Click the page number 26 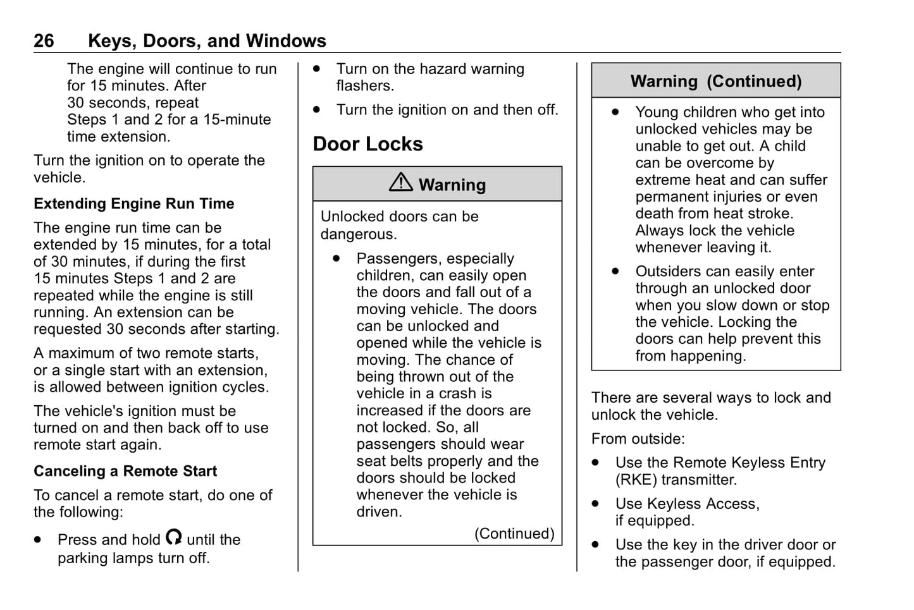(x=44, y=41)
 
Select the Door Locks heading (x=367, y=144)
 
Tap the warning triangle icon (x=401, y=183)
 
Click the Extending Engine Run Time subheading (x=133, y=204)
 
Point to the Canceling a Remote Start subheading (x=125, y=471)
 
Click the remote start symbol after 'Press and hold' (x=174, y=538)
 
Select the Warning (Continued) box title (x=715, y=82)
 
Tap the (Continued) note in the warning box (x=514, y=534)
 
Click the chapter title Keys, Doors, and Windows (x=207, y=41)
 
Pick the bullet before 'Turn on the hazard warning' (x=317, y=69)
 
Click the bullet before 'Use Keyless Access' (x=595, y=504)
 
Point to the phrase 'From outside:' (x=638, y=439)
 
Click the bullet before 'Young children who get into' (x=615, y=113)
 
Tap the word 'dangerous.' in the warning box (x=359, y=234)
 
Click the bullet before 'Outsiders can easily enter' (x=615, y=272)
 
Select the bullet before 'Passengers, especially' (x=337, y=259)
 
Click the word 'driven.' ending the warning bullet (x=379, y=512)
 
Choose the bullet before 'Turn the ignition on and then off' (x=317, y=110)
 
